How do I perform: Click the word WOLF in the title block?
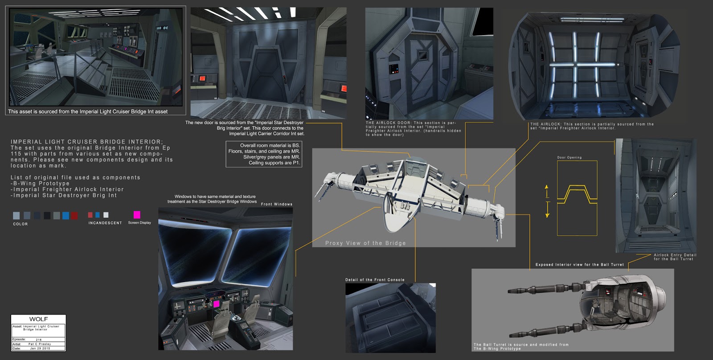(x=38, y=319)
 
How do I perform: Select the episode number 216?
(x=39, y=340)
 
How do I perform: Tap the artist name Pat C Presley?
(x=40, y=344)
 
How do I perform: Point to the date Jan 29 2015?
(x=40, y=348)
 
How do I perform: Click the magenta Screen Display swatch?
(x=137, y=215)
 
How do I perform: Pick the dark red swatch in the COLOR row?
(x=74, y=216)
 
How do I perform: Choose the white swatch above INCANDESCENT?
(x=106, y=215)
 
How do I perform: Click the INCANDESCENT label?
(x=105, y=223)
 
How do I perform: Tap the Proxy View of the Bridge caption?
(x=365, y=243)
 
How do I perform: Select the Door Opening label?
(x=569, y=157)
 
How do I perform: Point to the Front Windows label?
(x=277, y=204)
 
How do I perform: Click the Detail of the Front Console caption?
(x=375, y=280)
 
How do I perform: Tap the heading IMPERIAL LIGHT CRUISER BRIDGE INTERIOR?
(x=87, y=142)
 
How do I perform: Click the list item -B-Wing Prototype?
(x=40, y=183)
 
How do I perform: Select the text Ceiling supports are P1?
(x=274, y=163)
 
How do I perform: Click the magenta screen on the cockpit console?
(x=216, y=304)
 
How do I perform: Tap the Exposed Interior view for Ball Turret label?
(x=579, y=265)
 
